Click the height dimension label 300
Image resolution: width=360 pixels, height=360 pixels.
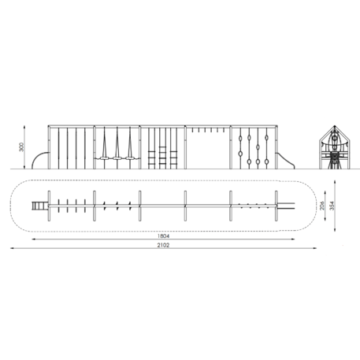pyautogui.click(x=21, y=147)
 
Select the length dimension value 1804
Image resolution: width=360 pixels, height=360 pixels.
pyautogui.click(x=163, y=236)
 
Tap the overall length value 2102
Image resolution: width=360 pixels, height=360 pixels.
pyautogui.click(x=163, y=245)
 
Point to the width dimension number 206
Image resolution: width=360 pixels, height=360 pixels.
pyautogui.click(x=322, y=206)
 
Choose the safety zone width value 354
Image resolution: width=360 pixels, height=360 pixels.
pyautogui.click(x=332, y=206)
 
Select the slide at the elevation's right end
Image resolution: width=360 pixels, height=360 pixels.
pyautogui.click(x=286, y=161)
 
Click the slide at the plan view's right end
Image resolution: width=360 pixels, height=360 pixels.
pyautogui.click(x=286, y=206)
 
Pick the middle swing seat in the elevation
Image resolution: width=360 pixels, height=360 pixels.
pyautogui.click(x=117, y=158)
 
